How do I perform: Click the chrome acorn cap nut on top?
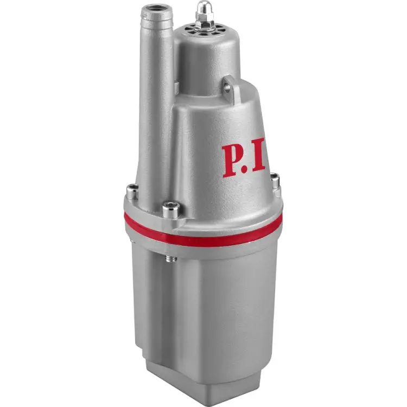pos(201,9)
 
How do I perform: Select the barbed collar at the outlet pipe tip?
pos(157,16)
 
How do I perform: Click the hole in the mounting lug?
pos(227,88)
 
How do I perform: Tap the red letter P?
pos(232,160)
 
